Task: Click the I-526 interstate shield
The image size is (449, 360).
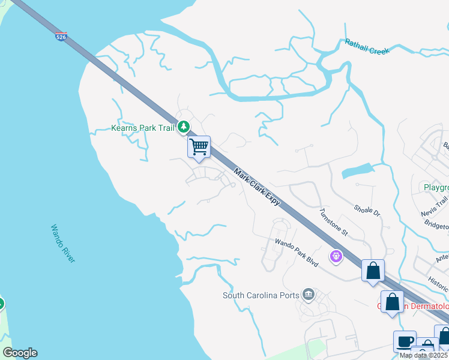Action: click(61, 37)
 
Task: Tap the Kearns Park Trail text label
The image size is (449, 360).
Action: click(142, 128)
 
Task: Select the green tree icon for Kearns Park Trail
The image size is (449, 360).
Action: click(184, 127)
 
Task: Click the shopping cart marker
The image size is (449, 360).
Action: click(199, 146)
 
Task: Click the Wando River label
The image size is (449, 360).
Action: click(62, 243)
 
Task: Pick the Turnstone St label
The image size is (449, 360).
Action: click(333, 220)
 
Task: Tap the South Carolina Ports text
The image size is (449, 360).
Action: click(261, 295)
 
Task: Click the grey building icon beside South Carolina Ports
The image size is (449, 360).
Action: click(309, 294)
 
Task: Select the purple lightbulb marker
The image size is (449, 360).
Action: click(336, 257)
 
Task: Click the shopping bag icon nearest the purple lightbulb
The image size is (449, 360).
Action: click(373, 271)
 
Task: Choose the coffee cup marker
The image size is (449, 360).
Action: click(404, 341)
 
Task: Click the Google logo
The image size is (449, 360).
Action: click(20, 353)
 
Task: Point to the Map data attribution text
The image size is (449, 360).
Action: click(423, 355)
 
